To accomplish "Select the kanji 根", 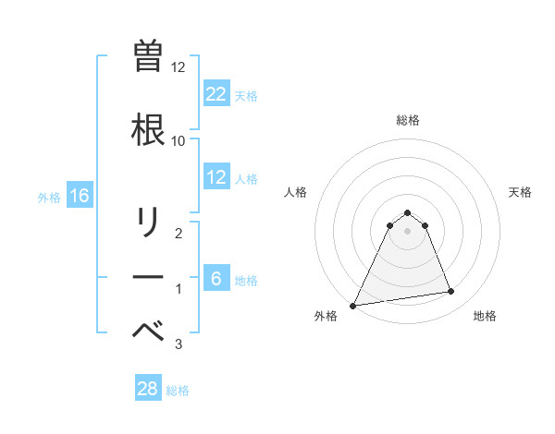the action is (x=148, y=127).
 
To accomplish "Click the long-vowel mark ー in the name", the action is (x=148, y=278).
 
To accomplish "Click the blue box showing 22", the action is (x=216, y=94).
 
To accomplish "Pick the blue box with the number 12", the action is (x=216, y=177).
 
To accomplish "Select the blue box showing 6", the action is (x=216, y=279).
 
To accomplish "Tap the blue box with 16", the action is (x=80, y=196).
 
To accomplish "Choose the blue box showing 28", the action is (x=148, y=389).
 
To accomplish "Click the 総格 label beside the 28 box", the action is (x=179, y=390).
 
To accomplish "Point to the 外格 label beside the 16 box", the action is (x=49, y=197).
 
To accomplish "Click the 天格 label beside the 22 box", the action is (x=246, y=95).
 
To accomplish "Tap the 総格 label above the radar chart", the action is (x=408, y=120).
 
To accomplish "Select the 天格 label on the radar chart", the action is (x=520, y=192).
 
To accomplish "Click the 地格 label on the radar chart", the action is (x=485, y=316).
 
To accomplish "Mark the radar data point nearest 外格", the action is (x=353, y=305).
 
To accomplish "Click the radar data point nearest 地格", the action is (x=451, y=292).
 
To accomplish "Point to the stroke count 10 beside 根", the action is (x=179, y=140).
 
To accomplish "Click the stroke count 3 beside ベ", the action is (x=179, y=344).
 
